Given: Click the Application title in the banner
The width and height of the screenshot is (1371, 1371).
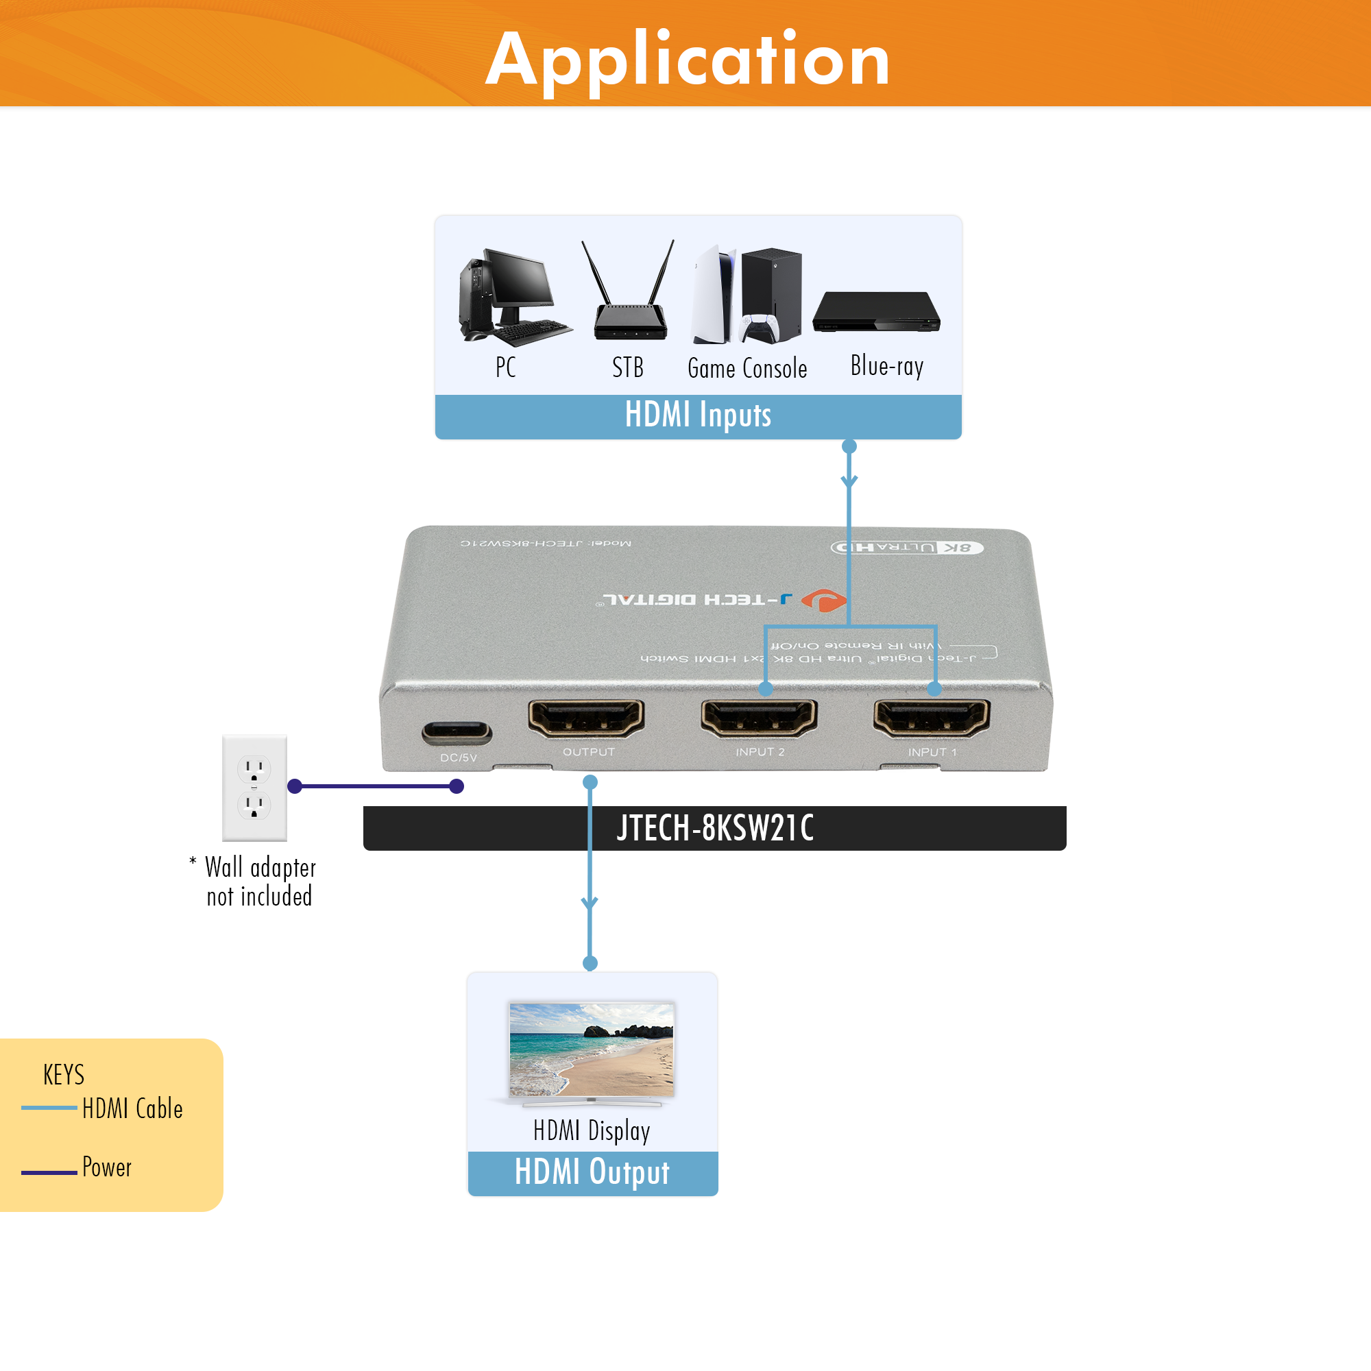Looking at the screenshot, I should (687, 60).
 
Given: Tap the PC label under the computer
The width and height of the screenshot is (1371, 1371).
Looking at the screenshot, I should (505, 367).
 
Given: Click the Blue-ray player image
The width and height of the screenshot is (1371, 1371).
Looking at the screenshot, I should (876, 312).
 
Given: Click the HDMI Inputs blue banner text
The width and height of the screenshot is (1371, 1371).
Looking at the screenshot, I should (698, 415).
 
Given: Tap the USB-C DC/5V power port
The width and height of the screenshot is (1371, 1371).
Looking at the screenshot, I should (457, 731).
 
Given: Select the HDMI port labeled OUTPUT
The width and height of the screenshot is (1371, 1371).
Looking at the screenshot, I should (586, 718).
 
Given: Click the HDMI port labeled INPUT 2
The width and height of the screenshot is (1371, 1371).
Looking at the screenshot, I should (759, 718).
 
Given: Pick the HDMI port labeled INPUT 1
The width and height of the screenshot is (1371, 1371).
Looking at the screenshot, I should (932, 718).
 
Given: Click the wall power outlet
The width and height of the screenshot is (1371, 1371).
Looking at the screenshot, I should (255, 788).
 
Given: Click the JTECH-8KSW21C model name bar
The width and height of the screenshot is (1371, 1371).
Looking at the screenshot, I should (714, 828).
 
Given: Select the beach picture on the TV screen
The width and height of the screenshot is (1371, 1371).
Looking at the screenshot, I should (592, 1049).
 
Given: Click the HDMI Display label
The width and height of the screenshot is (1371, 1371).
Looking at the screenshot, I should (592, 1130).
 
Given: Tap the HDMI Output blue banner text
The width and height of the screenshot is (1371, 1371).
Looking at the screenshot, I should (592, 1172).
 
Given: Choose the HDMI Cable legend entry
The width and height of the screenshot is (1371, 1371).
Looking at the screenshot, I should (132, 1108).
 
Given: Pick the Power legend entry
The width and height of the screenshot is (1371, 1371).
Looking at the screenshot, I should (106, 1167).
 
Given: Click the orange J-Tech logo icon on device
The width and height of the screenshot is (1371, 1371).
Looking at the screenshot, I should (824, 600).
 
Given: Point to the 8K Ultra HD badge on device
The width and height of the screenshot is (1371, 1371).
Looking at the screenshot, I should (907, 547).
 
